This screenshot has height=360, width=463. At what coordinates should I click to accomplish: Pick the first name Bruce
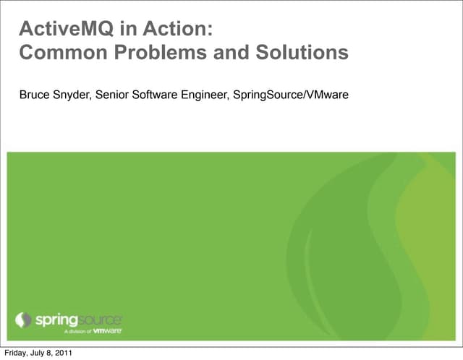coord(34,94)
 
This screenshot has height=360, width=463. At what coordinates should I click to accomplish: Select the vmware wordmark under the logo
coord(106,330)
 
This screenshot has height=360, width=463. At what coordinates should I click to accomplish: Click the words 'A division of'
coord(75,331)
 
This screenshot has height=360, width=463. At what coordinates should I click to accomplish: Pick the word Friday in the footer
coord(17,353)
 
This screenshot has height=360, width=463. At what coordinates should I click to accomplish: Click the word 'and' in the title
coord(235,53)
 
